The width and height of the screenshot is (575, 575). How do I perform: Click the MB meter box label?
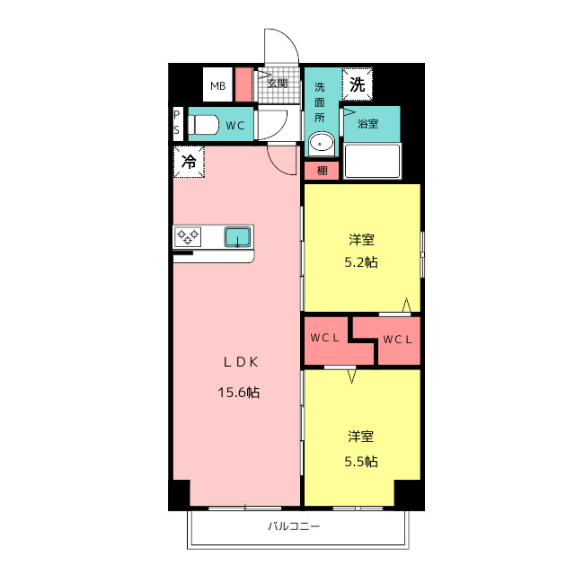point(217,86)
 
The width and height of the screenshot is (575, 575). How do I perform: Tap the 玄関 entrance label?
point(277,84)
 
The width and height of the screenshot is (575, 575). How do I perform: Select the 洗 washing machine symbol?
point(357,86)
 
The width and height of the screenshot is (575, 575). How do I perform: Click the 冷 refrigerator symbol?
point(189,163)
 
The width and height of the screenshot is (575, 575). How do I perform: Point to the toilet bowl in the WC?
point(203,125)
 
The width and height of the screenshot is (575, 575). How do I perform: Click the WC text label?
point(235,126)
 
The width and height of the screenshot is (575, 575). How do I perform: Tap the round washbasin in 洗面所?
point(321,143)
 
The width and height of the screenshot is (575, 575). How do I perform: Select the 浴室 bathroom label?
point(367,123)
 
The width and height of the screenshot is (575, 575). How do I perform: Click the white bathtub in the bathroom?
point(372,162)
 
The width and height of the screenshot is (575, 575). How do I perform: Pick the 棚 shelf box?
point(321,170)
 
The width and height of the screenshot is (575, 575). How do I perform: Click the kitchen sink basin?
point(237,236)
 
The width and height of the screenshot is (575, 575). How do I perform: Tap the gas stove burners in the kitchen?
point(188,236)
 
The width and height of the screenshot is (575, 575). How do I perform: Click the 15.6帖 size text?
point(238,392)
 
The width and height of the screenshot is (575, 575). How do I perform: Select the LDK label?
point(241,362)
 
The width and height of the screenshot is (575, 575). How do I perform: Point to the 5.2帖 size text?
point(362,263)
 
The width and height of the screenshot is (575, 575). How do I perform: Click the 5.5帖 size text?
point(362,461)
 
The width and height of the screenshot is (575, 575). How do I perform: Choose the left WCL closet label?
point(324,339)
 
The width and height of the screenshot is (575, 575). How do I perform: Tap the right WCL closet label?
point(396,339)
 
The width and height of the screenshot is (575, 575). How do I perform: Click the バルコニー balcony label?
point(294,526)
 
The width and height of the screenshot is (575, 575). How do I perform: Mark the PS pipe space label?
point(177,123)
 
